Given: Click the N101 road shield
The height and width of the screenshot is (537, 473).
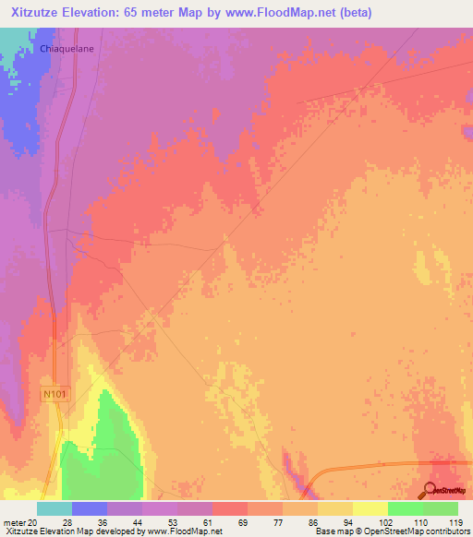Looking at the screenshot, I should click(x=55, y=394).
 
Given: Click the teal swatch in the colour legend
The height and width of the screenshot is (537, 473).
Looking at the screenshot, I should click(x=55, y=508).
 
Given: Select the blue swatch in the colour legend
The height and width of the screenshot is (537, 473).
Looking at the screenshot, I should click(x=90, y=508).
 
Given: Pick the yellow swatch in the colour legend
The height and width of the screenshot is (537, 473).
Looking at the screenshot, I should click(x=335, y=508).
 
